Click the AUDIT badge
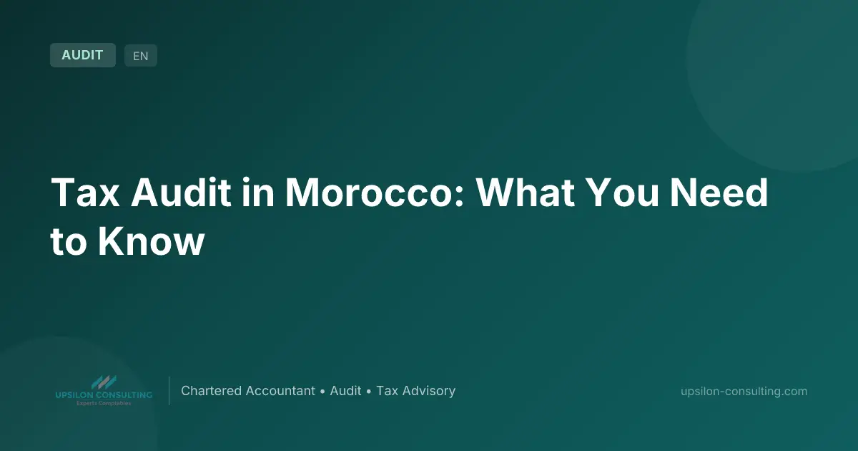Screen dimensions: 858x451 [x=83, y=55]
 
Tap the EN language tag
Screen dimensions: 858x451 [x=141, y=56]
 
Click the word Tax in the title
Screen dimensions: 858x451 [x=85, y=193]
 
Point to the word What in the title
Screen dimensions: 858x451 [x=526, y=193]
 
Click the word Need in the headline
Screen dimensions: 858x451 [x=719, y=193]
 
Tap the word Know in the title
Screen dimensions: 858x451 [x=152, y=242]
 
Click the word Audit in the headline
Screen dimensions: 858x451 [x=181, y=193]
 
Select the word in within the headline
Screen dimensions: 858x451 [x=259, y=193]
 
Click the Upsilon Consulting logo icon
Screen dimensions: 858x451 [x=104, y=382]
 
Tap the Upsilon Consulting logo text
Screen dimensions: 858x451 [x=104, y=395]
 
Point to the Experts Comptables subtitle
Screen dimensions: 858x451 [x=104, y=403]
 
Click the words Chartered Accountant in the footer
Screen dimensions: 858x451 [x=248, y=391]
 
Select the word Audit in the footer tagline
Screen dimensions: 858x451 [x=345, y=391]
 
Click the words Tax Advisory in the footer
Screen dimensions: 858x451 [x=416, y=391]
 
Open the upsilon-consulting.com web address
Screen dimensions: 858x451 [x=744, y=391]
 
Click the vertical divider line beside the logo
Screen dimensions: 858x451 [x=169, y=391]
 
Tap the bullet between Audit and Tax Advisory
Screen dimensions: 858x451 [x=369, y=392]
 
